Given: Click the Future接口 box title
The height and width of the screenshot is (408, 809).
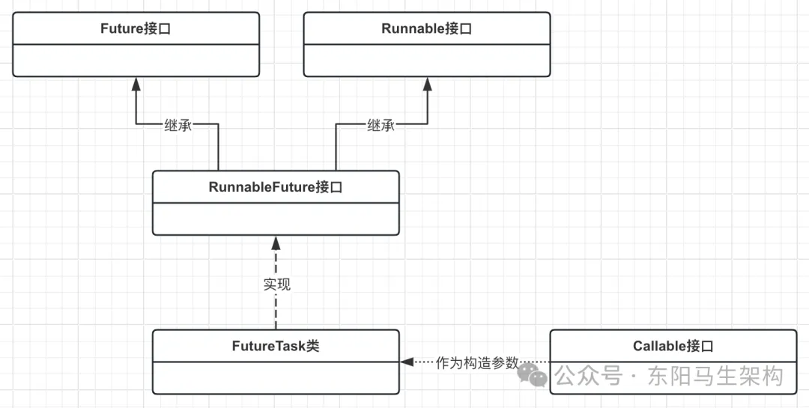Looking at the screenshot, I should click(136, 29).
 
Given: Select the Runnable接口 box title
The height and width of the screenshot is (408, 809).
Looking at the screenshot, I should click(426, 29).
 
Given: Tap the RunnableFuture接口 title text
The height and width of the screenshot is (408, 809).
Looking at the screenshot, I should click(275, 187).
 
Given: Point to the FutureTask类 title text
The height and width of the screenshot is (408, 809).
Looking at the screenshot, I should click(275, 346).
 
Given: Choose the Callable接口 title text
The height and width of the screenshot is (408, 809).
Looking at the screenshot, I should click(673, 346).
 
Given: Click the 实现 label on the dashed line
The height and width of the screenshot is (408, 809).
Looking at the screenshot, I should click(276, 284).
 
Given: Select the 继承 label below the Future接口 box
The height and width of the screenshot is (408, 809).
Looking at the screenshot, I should click(178, 126).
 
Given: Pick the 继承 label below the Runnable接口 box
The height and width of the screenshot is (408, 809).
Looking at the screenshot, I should click(381, 126).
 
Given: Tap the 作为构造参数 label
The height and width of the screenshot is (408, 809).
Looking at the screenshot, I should click(476, 362).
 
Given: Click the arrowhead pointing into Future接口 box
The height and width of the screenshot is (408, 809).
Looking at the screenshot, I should click(136, 83).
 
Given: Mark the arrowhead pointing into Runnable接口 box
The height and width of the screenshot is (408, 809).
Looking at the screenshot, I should click(427, 83).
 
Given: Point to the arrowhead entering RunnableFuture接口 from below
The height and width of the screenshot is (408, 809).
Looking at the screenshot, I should click(276, 243).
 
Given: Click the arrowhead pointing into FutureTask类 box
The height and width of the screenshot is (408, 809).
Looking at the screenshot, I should click(407, 362).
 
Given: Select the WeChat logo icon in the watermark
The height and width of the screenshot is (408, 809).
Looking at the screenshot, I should click(535, 374).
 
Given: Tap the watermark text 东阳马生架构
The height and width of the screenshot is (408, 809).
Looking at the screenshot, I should click(715, 375).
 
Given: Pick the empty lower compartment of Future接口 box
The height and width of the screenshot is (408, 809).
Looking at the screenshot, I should click(136, 60).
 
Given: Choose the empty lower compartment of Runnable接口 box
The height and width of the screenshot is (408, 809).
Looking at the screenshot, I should click(426, 60).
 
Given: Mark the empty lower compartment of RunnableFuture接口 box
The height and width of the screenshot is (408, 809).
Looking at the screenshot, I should click(275, 219).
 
